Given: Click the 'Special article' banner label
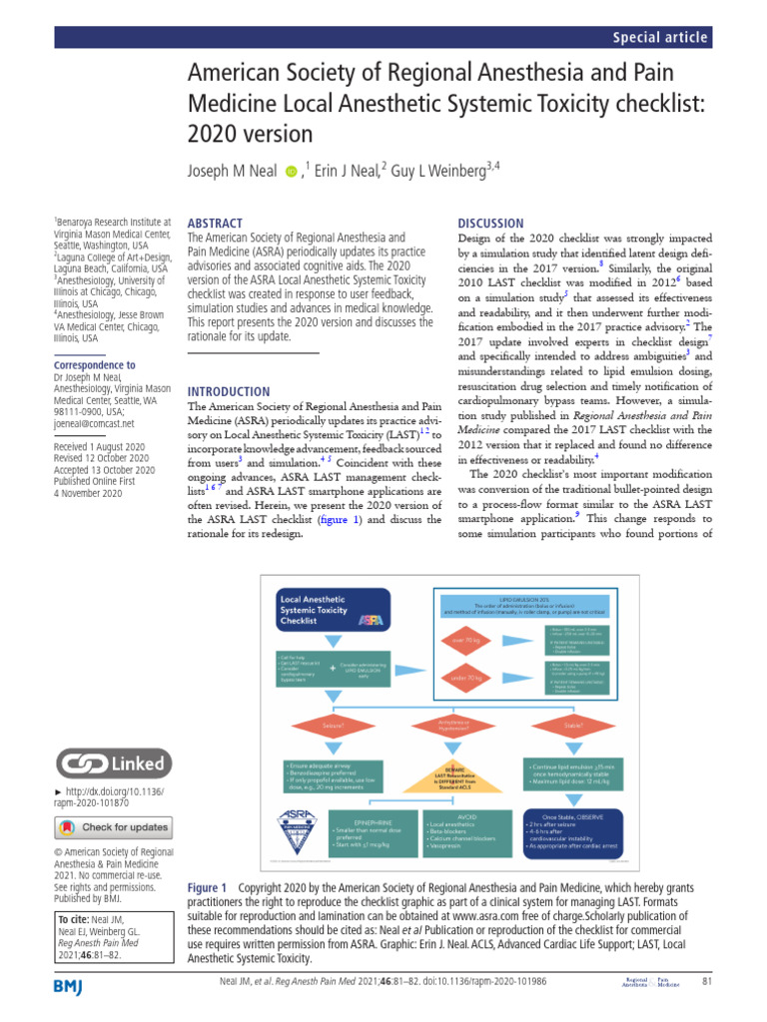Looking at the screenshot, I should click(661, 38).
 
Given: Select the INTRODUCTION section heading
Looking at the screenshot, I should click(229, 391).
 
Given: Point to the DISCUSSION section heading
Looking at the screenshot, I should click(489, 224).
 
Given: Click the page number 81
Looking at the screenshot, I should click(705, 986).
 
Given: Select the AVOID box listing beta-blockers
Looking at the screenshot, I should click(459, 831).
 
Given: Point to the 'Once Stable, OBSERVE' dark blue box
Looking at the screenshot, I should click(572, 831).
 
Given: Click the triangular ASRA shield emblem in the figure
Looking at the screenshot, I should click(296, 831).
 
